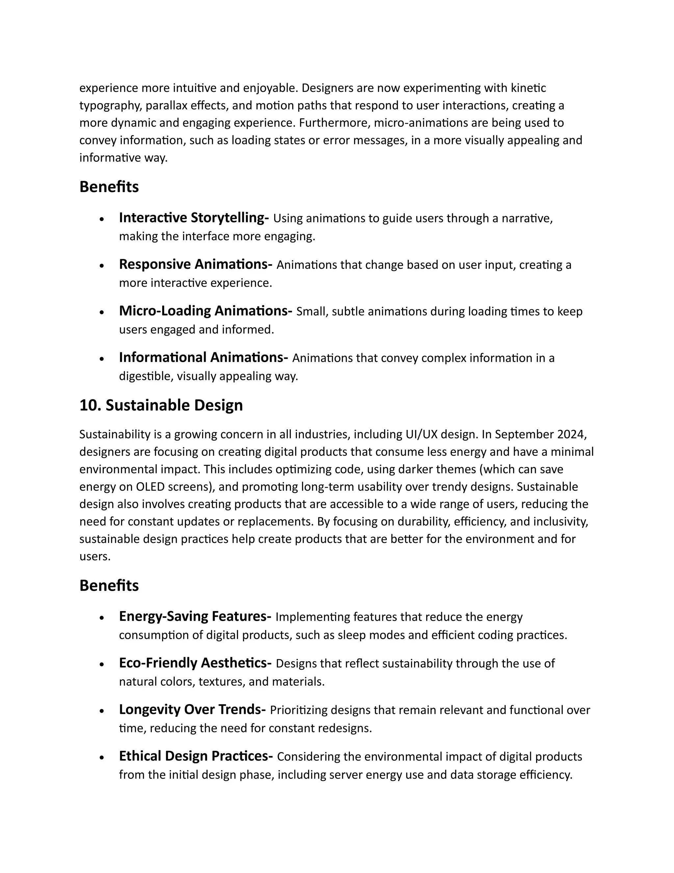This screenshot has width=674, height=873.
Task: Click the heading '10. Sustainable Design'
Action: click(161, 405)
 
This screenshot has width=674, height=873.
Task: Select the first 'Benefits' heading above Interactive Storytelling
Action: click(109, 187)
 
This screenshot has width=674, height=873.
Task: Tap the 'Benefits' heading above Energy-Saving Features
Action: click(109, 586)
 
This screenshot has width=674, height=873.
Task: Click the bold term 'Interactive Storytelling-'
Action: click(194, 218)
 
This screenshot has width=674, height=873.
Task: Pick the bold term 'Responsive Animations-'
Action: click(195, 264)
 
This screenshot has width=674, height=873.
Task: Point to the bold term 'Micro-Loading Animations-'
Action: click(205, 311)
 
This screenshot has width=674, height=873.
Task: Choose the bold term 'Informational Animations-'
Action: click(203, 357)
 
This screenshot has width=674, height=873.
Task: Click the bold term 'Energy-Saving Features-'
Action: click(195, 616)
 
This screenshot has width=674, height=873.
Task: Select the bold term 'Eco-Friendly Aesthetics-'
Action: click(195, 663)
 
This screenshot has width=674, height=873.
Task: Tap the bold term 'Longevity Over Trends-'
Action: click(192, 710)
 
